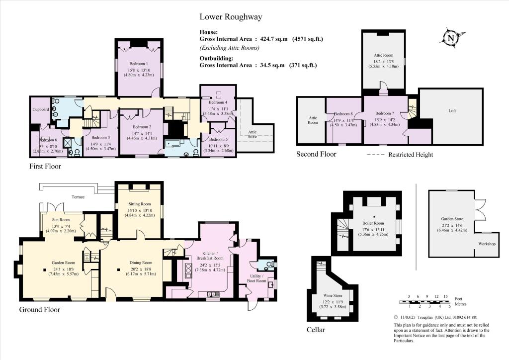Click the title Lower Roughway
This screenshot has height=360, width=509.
coord(231,17)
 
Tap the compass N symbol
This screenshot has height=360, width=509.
coord(451,38)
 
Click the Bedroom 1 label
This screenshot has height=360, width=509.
coord(139,64)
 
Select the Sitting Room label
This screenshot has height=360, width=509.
coord(140,204)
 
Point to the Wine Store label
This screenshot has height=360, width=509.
coord(333,295)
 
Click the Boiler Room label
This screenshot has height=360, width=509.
coord(373,223)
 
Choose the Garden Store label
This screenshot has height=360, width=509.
coord(452,219)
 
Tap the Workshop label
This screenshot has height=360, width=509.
coord(487,244)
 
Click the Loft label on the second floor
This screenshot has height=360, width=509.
coord(452,111)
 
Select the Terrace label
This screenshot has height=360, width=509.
coord(78,197)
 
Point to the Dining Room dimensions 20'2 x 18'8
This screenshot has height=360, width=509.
coord(141,269)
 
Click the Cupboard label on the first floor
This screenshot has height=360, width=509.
coord(41,109)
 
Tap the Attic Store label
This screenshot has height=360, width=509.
coord(252,134)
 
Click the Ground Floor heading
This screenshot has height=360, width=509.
coord(40,310)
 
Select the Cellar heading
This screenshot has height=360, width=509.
coord(316,330)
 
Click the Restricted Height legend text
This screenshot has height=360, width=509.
coord(411,155)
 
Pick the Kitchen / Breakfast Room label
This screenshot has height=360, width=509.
coord(210,256)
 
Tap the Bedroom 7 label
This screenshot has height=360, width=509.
coord(385,113)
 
